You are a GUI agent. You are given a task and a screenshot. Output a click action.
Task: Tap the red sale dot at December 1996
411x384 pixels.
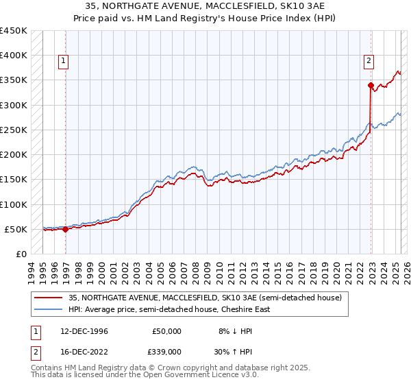pos(66,230)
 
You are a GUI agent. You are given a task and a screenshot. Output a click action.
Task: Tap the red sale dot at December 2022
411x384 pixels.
pos(371,86)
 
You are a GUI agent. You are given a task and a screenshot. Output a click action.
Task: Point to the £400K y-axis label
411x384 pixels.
pos(14,56)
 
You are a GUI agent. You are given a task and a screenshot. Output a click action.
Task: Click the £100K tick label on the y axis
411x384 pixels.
pos(14,204)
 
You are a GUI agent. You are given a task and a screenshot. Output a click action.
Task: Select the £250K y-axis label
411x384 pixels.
pos(14,130)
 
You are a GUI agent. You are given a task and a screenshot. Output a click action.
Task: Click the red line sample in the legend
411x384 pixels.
pos(48,297)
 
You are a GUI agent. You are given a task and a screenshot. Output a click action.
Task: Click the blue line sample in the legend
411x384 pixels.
pos(48,309)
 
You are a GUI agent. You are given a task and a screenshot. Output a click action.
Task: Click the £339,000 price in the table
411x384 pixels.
pos(166,350)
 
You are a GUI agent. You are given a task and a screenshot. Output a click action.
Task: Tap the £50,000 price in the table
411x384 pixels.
pos(166,331)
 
